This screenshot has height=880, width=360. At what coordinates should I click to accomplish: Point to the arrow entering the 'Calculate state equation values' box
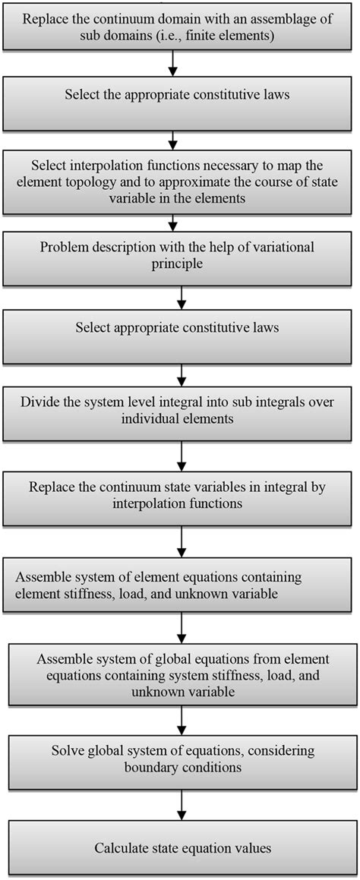[180, 805]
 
